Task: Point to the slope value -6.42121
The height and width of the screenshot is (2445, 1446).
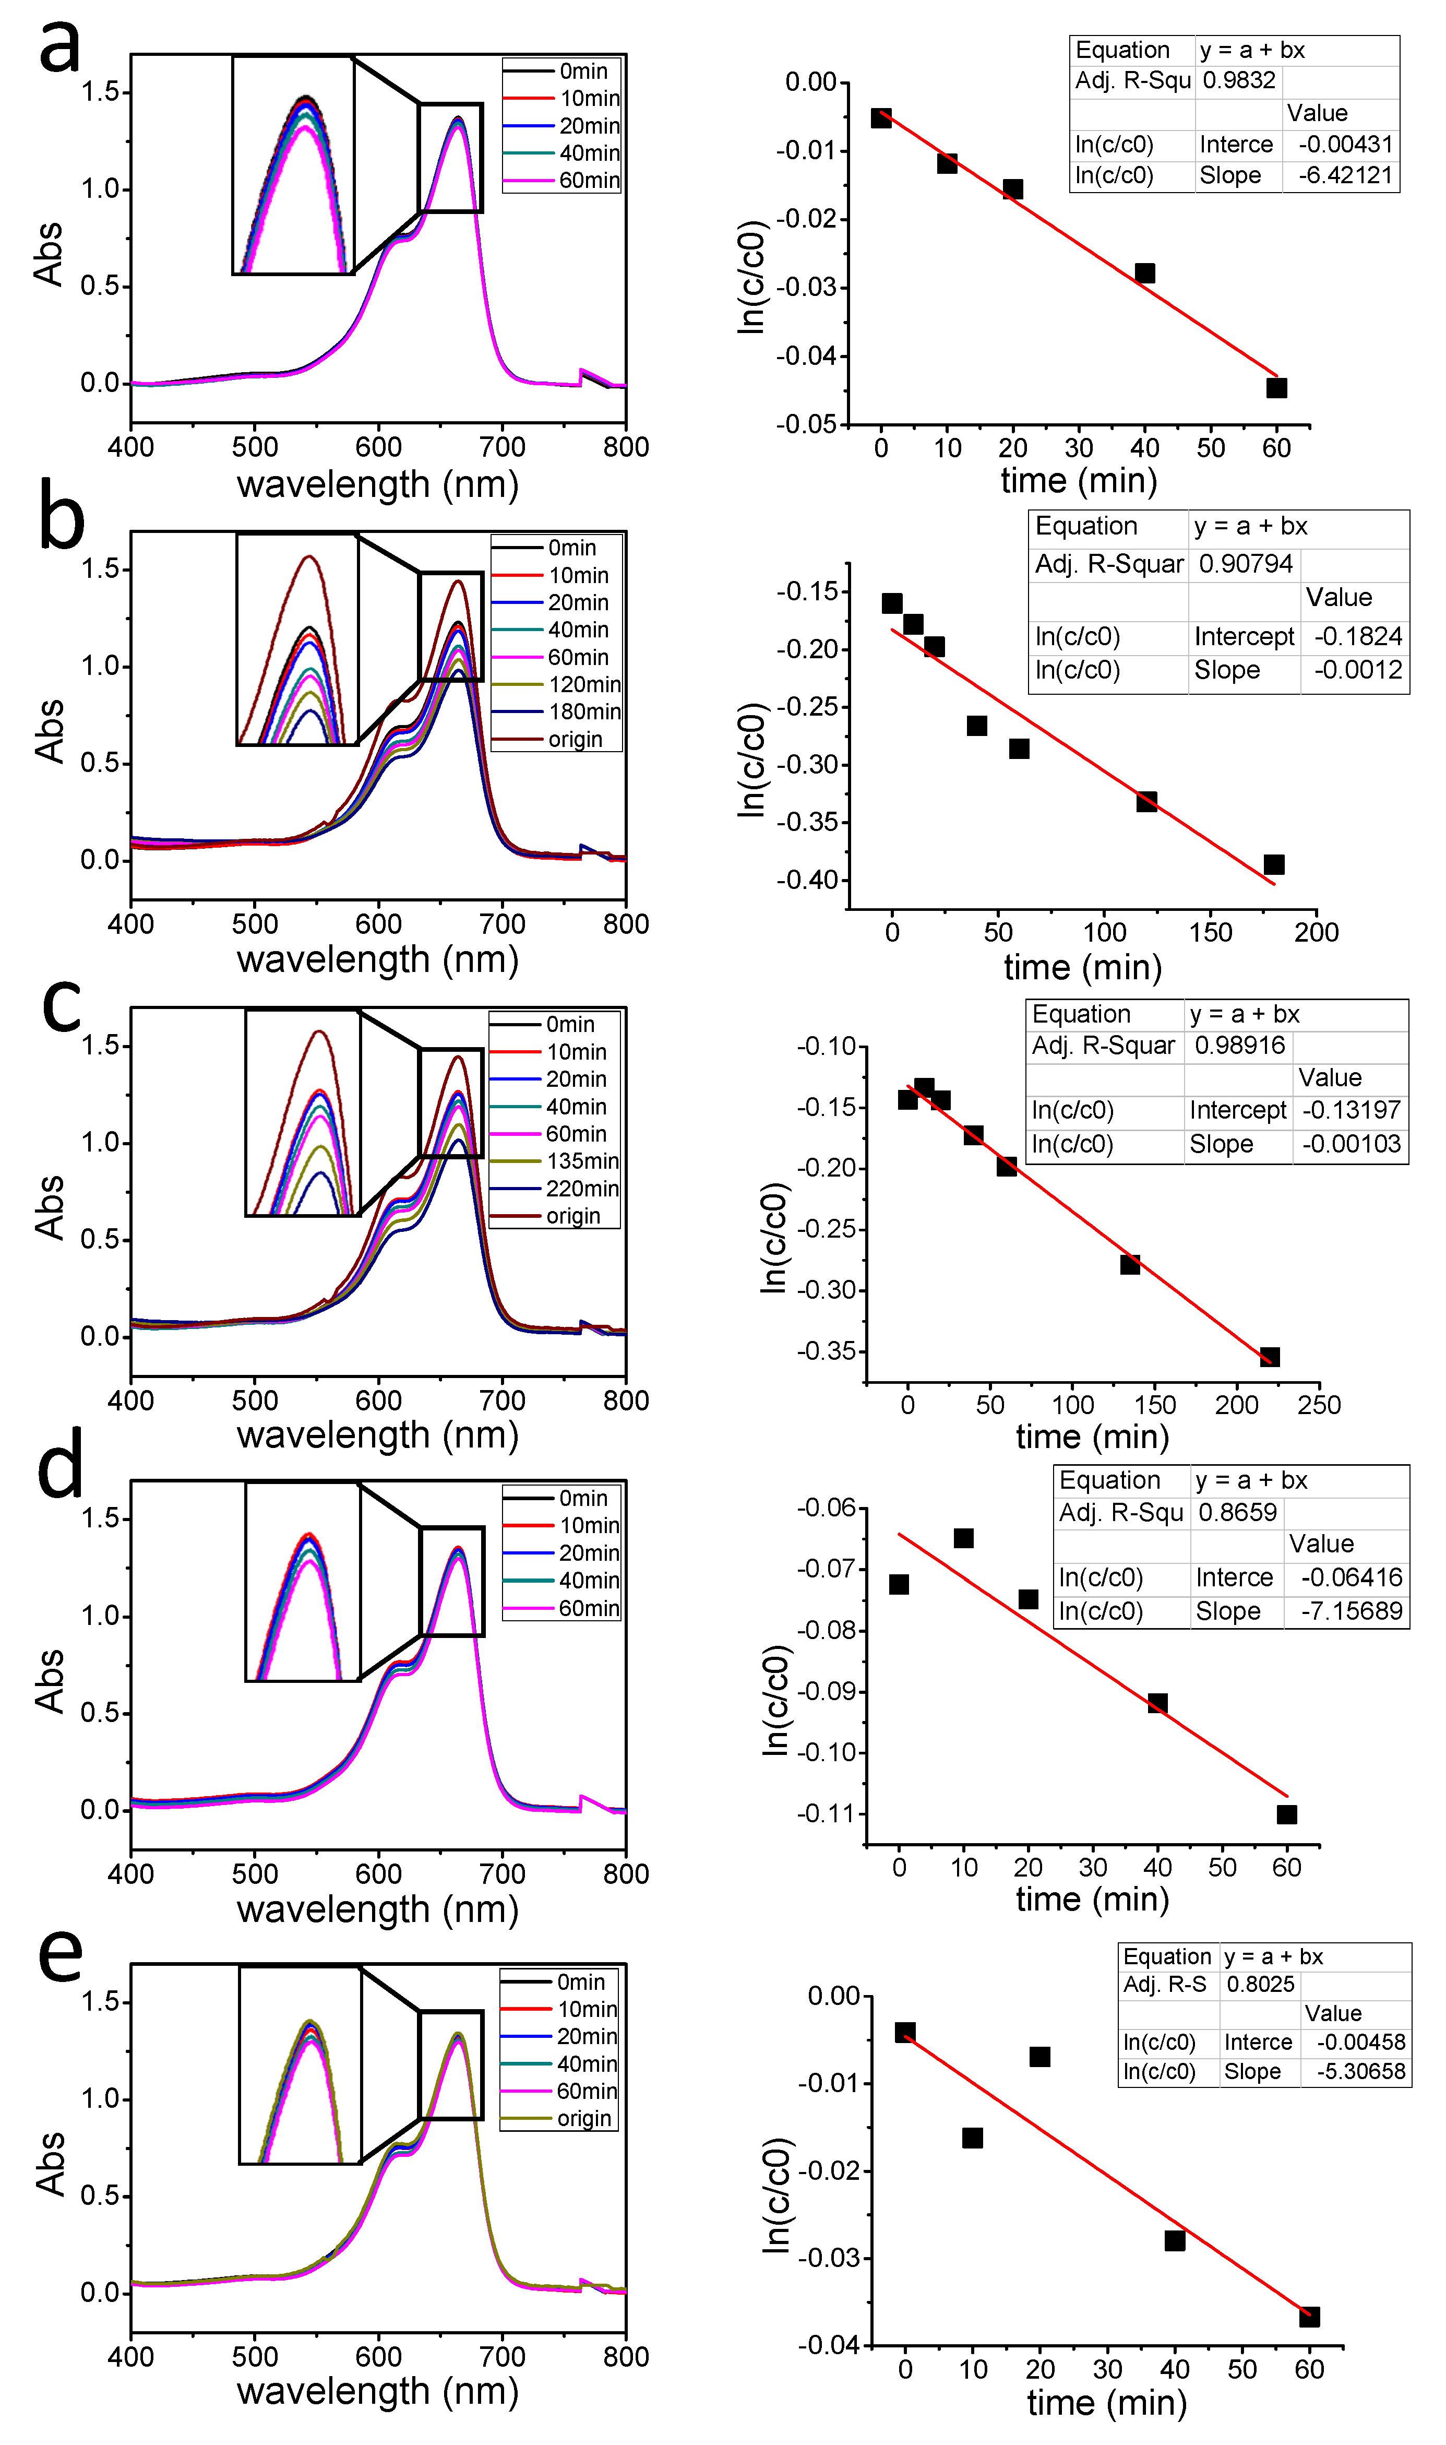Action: pos(1345,176)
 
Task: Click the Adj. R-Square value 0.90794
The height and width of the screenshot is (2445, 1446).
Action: pos(1245,564)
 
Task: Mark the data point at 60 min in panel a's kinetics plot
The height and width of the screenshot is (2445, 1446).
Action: pos(1276,388)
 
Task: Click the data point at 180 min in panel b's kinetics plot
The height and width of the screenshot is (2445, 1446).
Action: pos(1273,864)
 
